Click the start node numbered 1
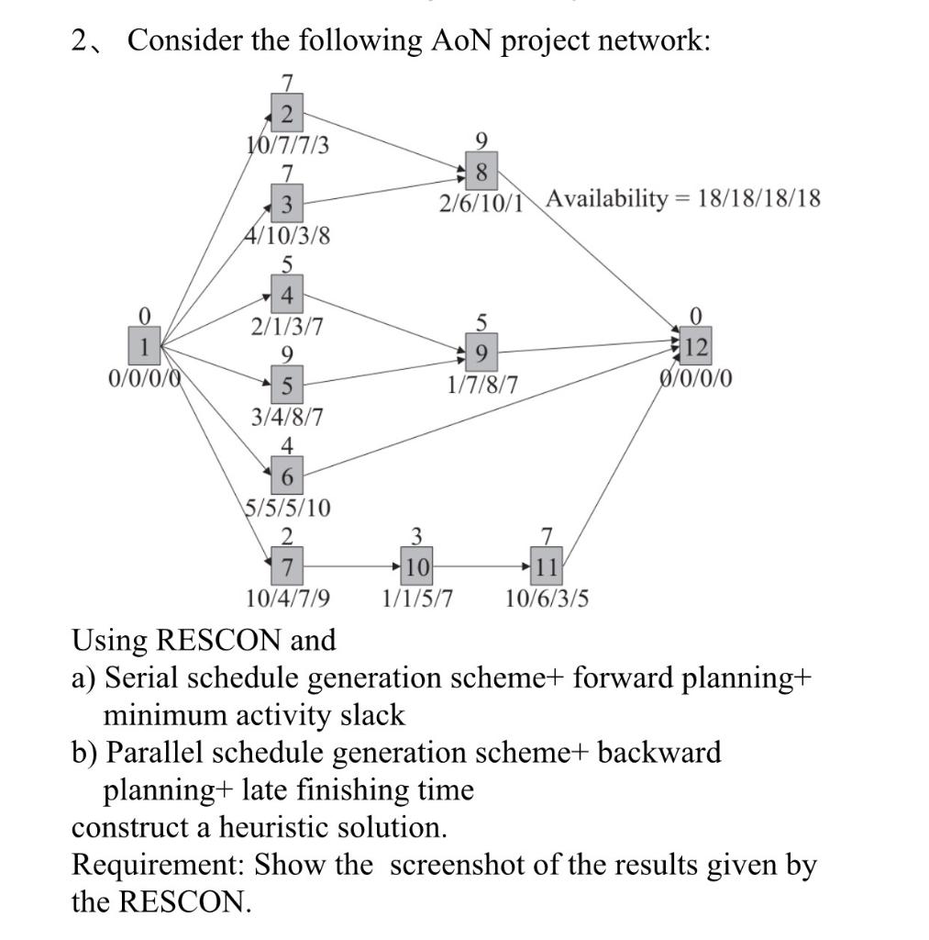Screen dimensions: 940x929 pyautogui.click(x=143, y=348)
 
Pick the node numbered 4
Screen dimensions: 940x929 pyautogui.click(x=287, y=297)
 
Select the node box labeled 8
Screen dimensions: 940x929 pyautogui.click(x=481, y=172)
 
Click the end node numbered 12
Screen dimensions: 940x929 pyautogui.click(x=696, y=348)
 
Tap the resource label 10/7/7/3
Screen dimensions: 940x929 pyautogui.click(x=289, y=145)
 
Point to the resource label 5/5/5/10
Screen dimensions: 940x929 pyautogui.click(x=288, y=507)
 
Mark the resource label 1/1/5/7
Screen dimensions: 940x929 pyautogui.click(x=417, y=599)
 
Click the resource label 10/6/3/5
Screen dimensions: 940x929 pyautogui.click(x=547, y=599)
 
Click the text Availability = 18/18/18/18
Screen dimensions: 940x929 pyautogui.click(x=683, y=198)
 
